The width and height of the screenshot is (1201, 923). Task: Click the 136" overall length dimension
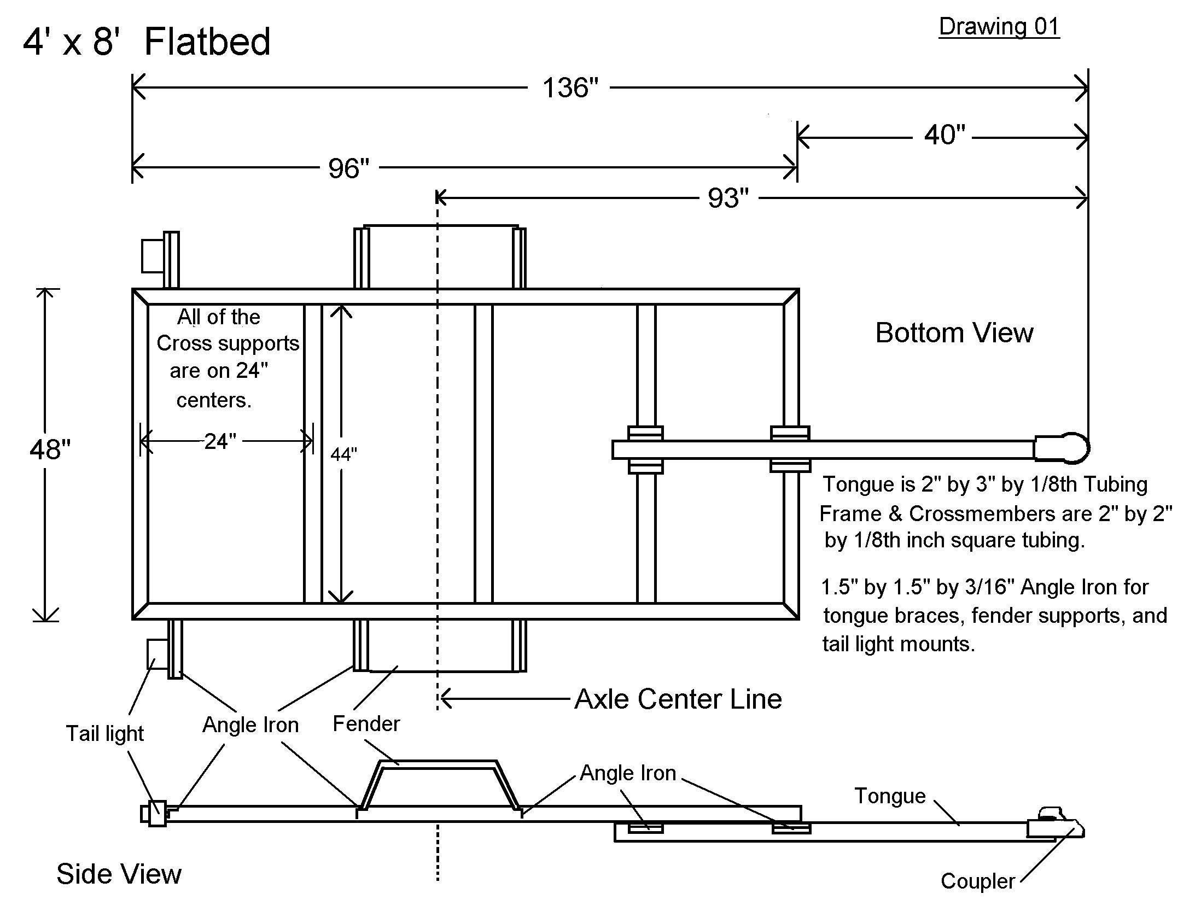tap(570, 88)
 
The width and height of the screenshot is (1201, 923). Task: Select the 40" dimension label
tap(944, 135)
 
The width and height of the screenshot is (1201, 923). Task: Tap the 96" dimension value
tap(348, 168)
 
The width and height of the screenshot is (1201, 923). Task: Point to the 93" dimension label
tap(728, 198)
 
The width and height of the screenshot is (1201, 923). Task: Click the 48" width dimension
tap(50, 449)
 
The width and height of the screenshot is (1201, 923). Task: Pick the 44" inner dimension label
tap(344, 454)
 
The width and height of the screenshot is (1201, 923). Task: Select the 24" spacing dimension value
tap(220, 441)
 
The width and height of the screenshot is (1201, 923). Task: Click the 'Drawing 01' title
tap(998, 27)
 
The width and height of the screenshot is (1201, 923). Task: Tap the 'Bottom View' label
tap(954, 333)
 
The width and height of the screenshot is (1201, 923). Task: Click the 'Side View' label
tap(119, 874)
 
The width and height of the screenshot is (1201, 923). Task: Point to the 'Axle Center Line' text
tap(678, 699)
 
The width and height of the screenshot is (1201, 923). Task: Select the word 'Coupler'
tap(977, 881)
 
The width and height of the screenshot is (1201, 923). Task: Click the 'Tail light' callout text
tap(104, 733)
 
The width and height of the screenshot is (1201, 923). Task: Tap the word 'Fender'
tap(366, 723)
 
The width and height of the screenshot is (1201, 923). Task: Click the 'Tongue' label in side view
tap(889, 796)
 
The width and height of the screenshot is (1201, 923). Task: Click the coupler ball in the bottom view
tap(1074, 448)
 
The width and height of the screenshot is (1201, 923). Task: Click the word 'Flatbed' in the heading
tap(207, 42)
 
